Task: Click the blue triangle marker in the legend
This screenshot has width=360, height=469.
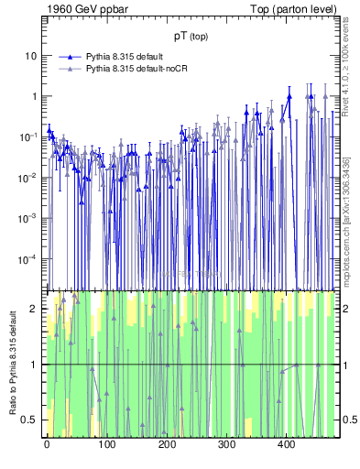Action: click(x=69, y=57)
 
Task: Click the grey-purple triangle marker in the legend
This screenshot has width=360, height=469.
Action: click(x=69, y=68)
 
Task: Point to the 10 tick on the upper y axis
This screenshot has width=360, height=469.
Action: click(x=30, y=56)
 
